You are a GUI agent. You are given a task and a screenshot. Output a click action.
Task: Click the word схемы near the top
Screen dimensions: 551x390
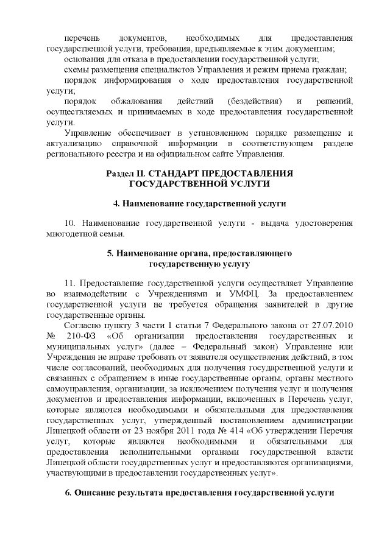click(x=76, y=69)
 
